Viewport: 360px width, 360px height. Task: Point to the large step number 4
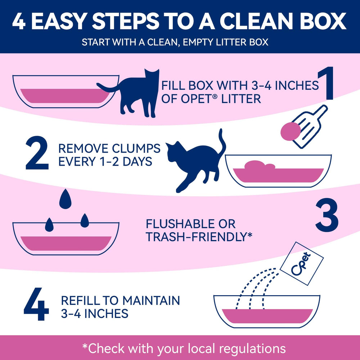pos(36,306)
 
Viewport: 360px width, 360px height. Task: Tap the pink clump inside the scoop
pos(290,131)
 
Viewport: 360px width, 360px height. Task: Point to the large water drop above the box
pos(65,198)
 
